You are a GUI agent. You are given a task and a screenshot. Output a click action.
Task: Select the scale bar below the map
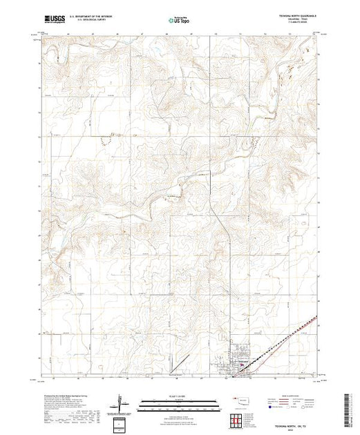click(177, 403)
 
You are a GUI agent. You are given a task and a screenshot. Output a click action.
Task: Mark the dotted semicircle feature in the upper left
click(105, 141)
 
